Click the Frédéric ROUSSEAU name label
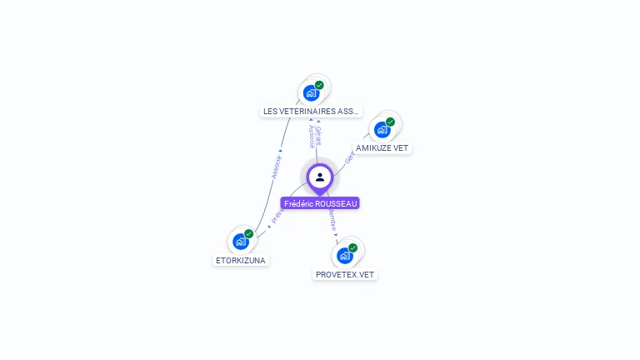point(320,203)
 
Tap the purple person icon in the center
point(320,177)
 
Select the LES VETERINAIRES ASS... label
point(311,111)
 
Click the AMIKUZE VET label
point(382,147)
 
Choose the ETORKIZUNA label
point(240,260)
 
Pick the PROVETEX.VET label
point(345,274)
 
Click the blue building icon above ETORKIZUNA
point(240,242)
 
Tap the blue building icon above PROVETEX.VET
point(344,255)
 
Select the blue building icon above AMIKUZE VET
point(382,129)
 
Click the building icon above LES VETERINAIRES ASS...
point(311,92)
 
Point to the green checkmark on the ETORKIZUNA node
point(248,234)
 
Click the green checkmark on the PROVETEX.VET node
point(352,247)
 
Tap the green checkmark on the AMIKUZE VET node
point(390,122)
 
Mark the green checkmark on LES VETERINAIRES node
point(319,85)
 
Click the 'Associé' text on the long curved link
point(277,167)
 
